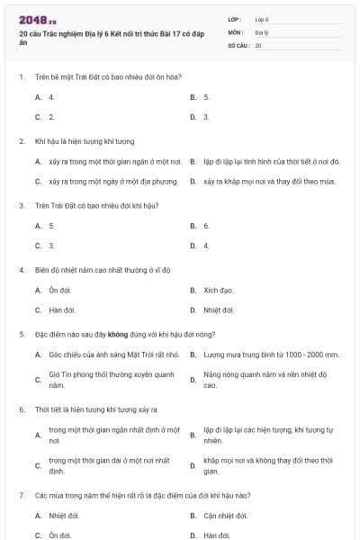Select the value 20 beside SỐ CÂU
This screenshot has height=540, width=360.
coord(258,45)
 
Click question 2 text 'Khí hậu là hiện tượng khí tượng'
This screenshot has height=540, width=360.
coord(84,141)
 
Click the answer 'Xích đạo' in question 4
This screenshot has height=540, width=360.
coord(218,291)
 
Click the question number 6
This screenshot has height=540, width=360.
coord(21,409)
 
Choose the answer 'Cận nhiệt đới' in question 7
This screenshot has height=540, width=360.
coord(225,516)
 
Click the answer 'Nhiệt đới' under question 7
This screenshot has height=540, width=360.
coord(64,516)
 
